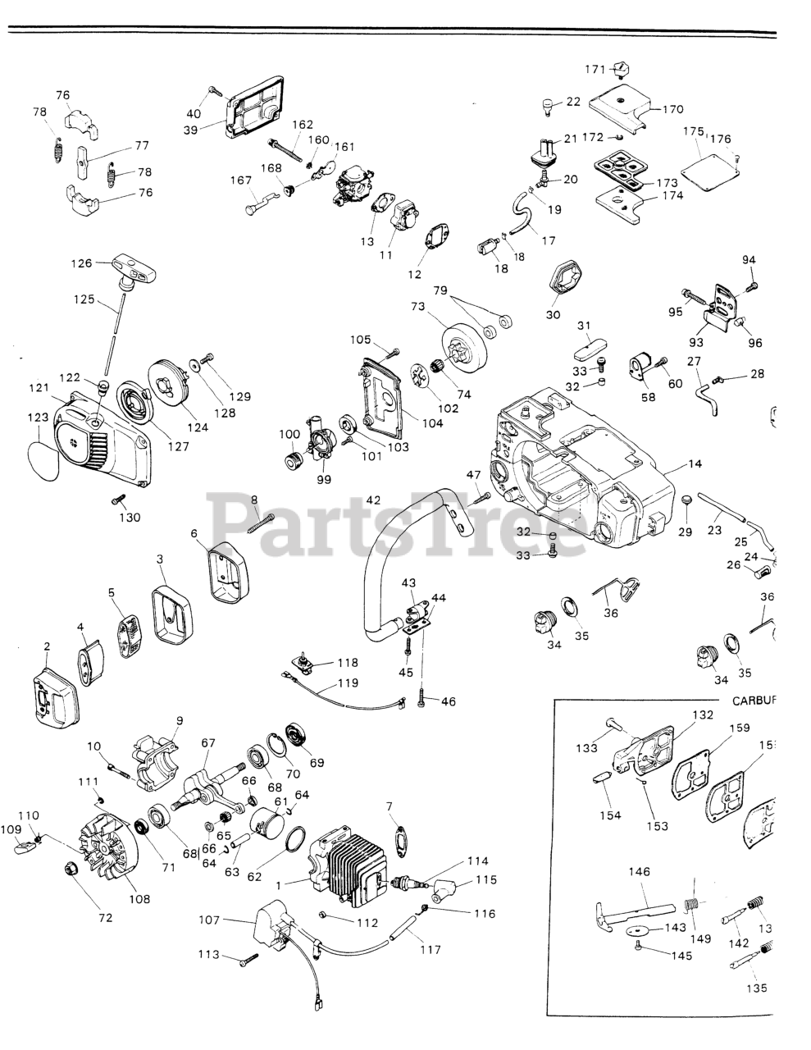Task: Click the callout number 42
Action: pyautogui.click(x=374, y=500)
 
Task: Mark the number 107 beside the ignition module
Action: pyautogui.click(x=209, y=920)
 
